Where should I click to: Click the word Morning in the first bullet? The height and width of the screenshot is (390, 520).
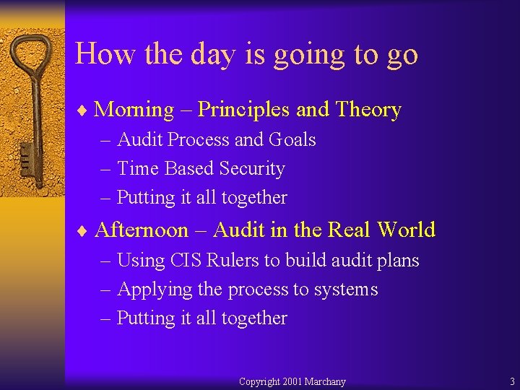click(x=134, y=110)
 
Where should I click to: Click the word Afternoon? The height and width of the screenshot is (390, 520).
click(x=142, y=230)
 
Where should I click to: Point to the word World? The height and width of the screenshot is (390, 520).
click(x=407, y=230)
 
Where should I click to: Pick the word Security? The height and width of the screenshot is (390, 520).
click(x=252, y=168)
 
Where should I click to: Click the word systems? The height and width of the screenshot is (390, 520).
click(x=346, y=290)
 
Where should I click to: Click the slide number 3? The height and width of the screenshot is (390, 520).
click(x=512, y=381)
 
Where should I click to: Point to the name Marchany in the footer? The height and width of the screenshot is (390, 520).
click(x=325, y=381)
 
